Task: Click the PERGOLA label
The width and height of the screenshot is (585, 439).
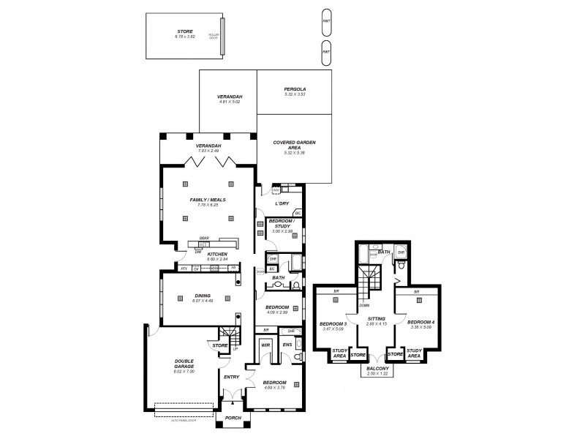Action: coord(294,89)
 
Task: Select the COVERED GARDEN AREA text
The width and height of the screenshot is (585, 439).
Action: coord(294,146)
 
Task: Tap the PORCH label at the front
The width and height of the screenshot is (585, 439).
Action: coord(233,419)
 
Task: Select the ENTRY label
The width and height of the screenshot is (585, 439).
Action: coord(231,377)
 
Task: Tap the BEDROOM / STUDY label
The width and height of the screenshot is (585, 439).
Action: coord(282,223)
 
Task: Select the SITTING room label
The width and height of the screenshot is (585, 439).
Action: coord(377,320)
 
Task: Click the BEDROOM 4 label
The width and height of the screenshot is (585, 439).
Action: coord(420,322)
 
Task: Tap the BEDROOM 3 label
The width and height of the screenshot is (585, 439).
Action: coord(333,322)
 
